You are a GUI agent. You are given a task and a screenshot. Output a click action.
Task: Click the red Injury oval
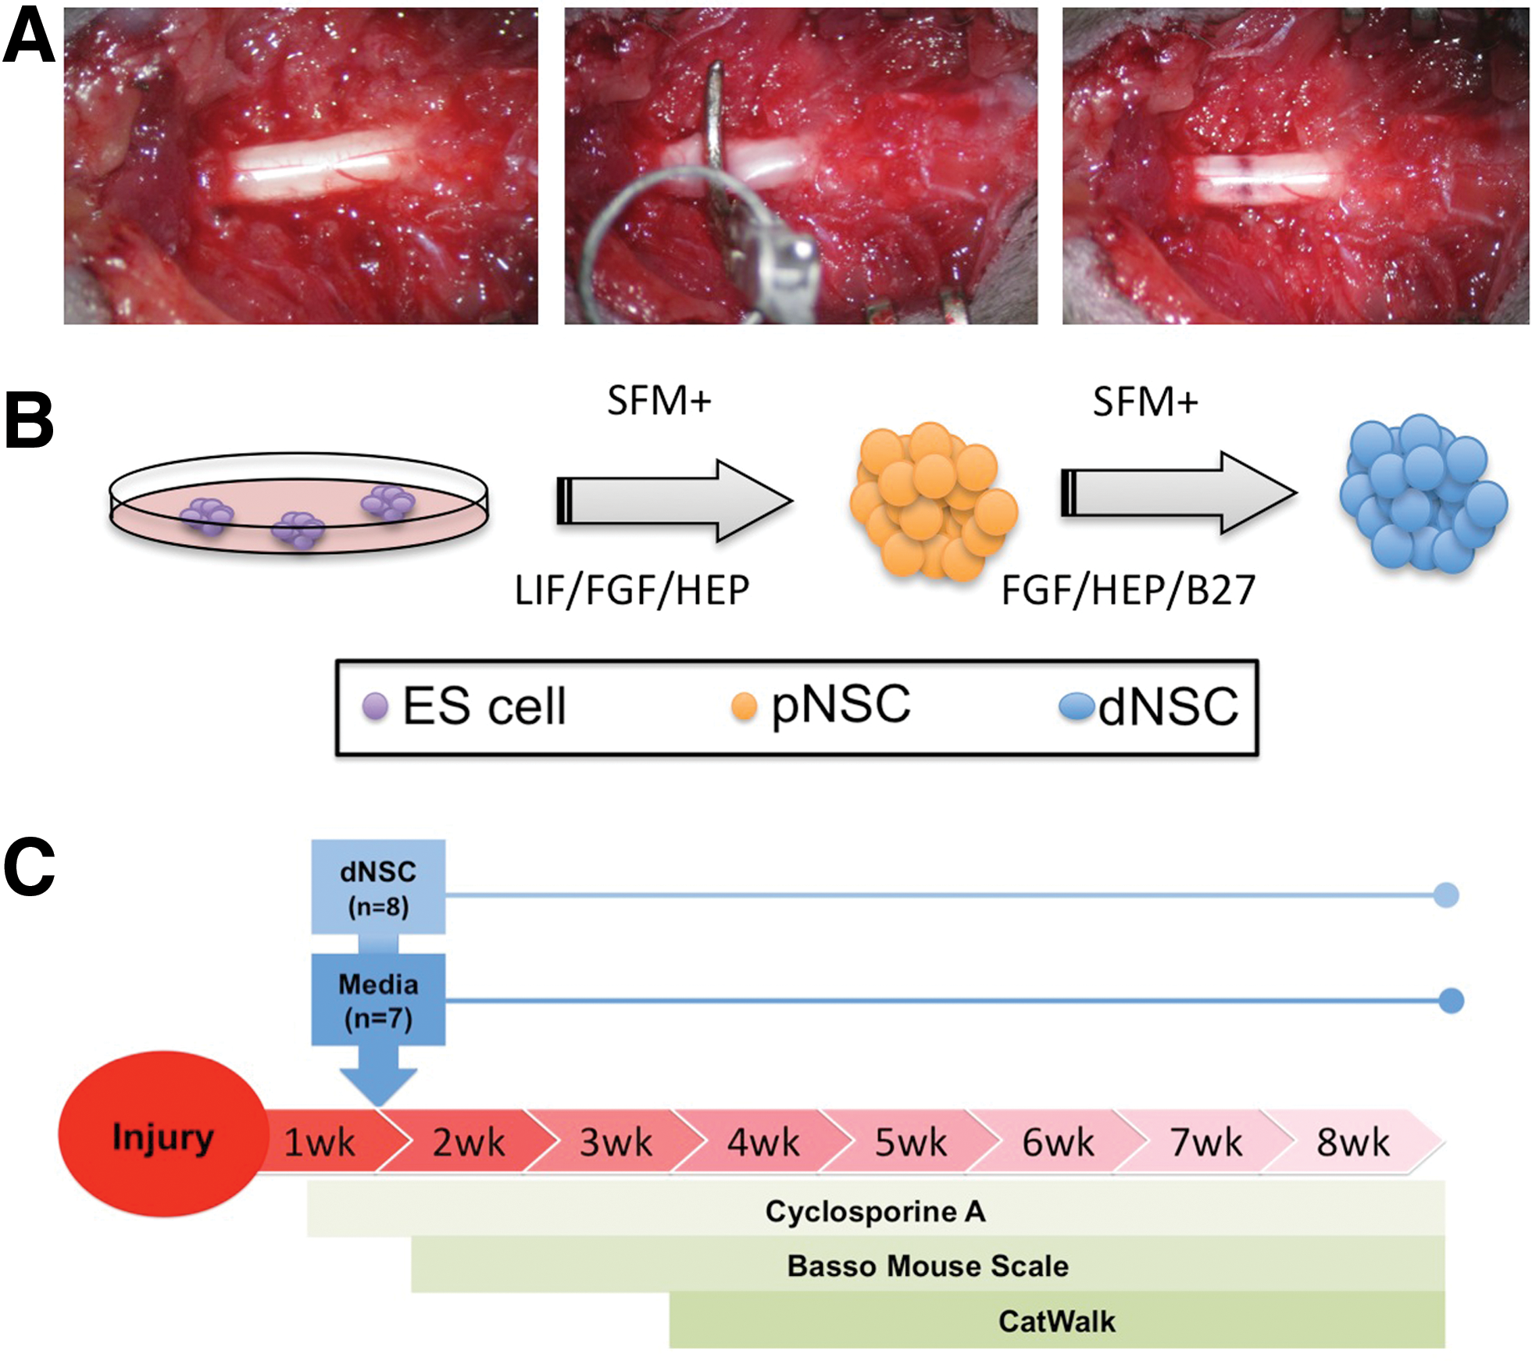click(162, 1134)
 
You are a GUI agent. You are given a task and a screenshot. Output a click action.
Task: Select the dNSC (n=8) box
click(378, 887)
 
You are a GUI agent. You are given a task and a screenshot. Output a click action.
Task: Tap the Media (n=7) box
click(378, 999)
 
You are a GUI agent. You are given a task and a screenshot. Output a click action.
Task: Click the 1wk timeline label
click(319, 1142)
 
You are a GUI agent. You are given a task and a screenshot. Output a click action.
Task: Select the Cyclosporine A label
click(875, 1211)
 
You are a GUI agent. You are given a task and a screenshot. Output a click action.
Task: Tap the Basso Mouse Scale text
click(927, 1266)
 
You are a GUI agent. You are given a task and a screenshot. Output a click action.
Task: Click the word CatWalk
click(1056, 1321)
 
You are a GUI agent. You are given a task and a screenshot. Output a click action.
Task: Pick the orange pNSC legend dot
click(744, 706)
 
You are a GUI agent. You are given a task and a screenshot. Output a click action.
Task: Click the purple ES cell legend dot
click(375, 706)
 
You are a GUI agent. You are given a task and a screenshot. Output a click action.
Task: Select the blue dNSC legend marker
click(1077, 706)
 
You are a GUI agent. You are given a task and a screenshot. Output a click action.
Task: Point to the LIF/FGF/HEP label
click(631, 591)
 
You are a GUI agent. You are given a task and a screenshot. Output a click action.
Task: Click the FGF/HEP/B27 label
click(1128, 591)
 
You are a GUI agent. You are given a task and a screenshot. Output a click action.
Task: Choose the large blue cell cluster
click(1423, 493)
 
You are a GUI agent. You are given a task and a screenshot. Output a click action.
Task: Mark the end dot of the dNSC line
click(1446, 895)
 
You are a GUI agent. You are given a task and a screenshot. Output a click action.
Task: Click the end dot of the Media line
click(1451, 1000)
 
